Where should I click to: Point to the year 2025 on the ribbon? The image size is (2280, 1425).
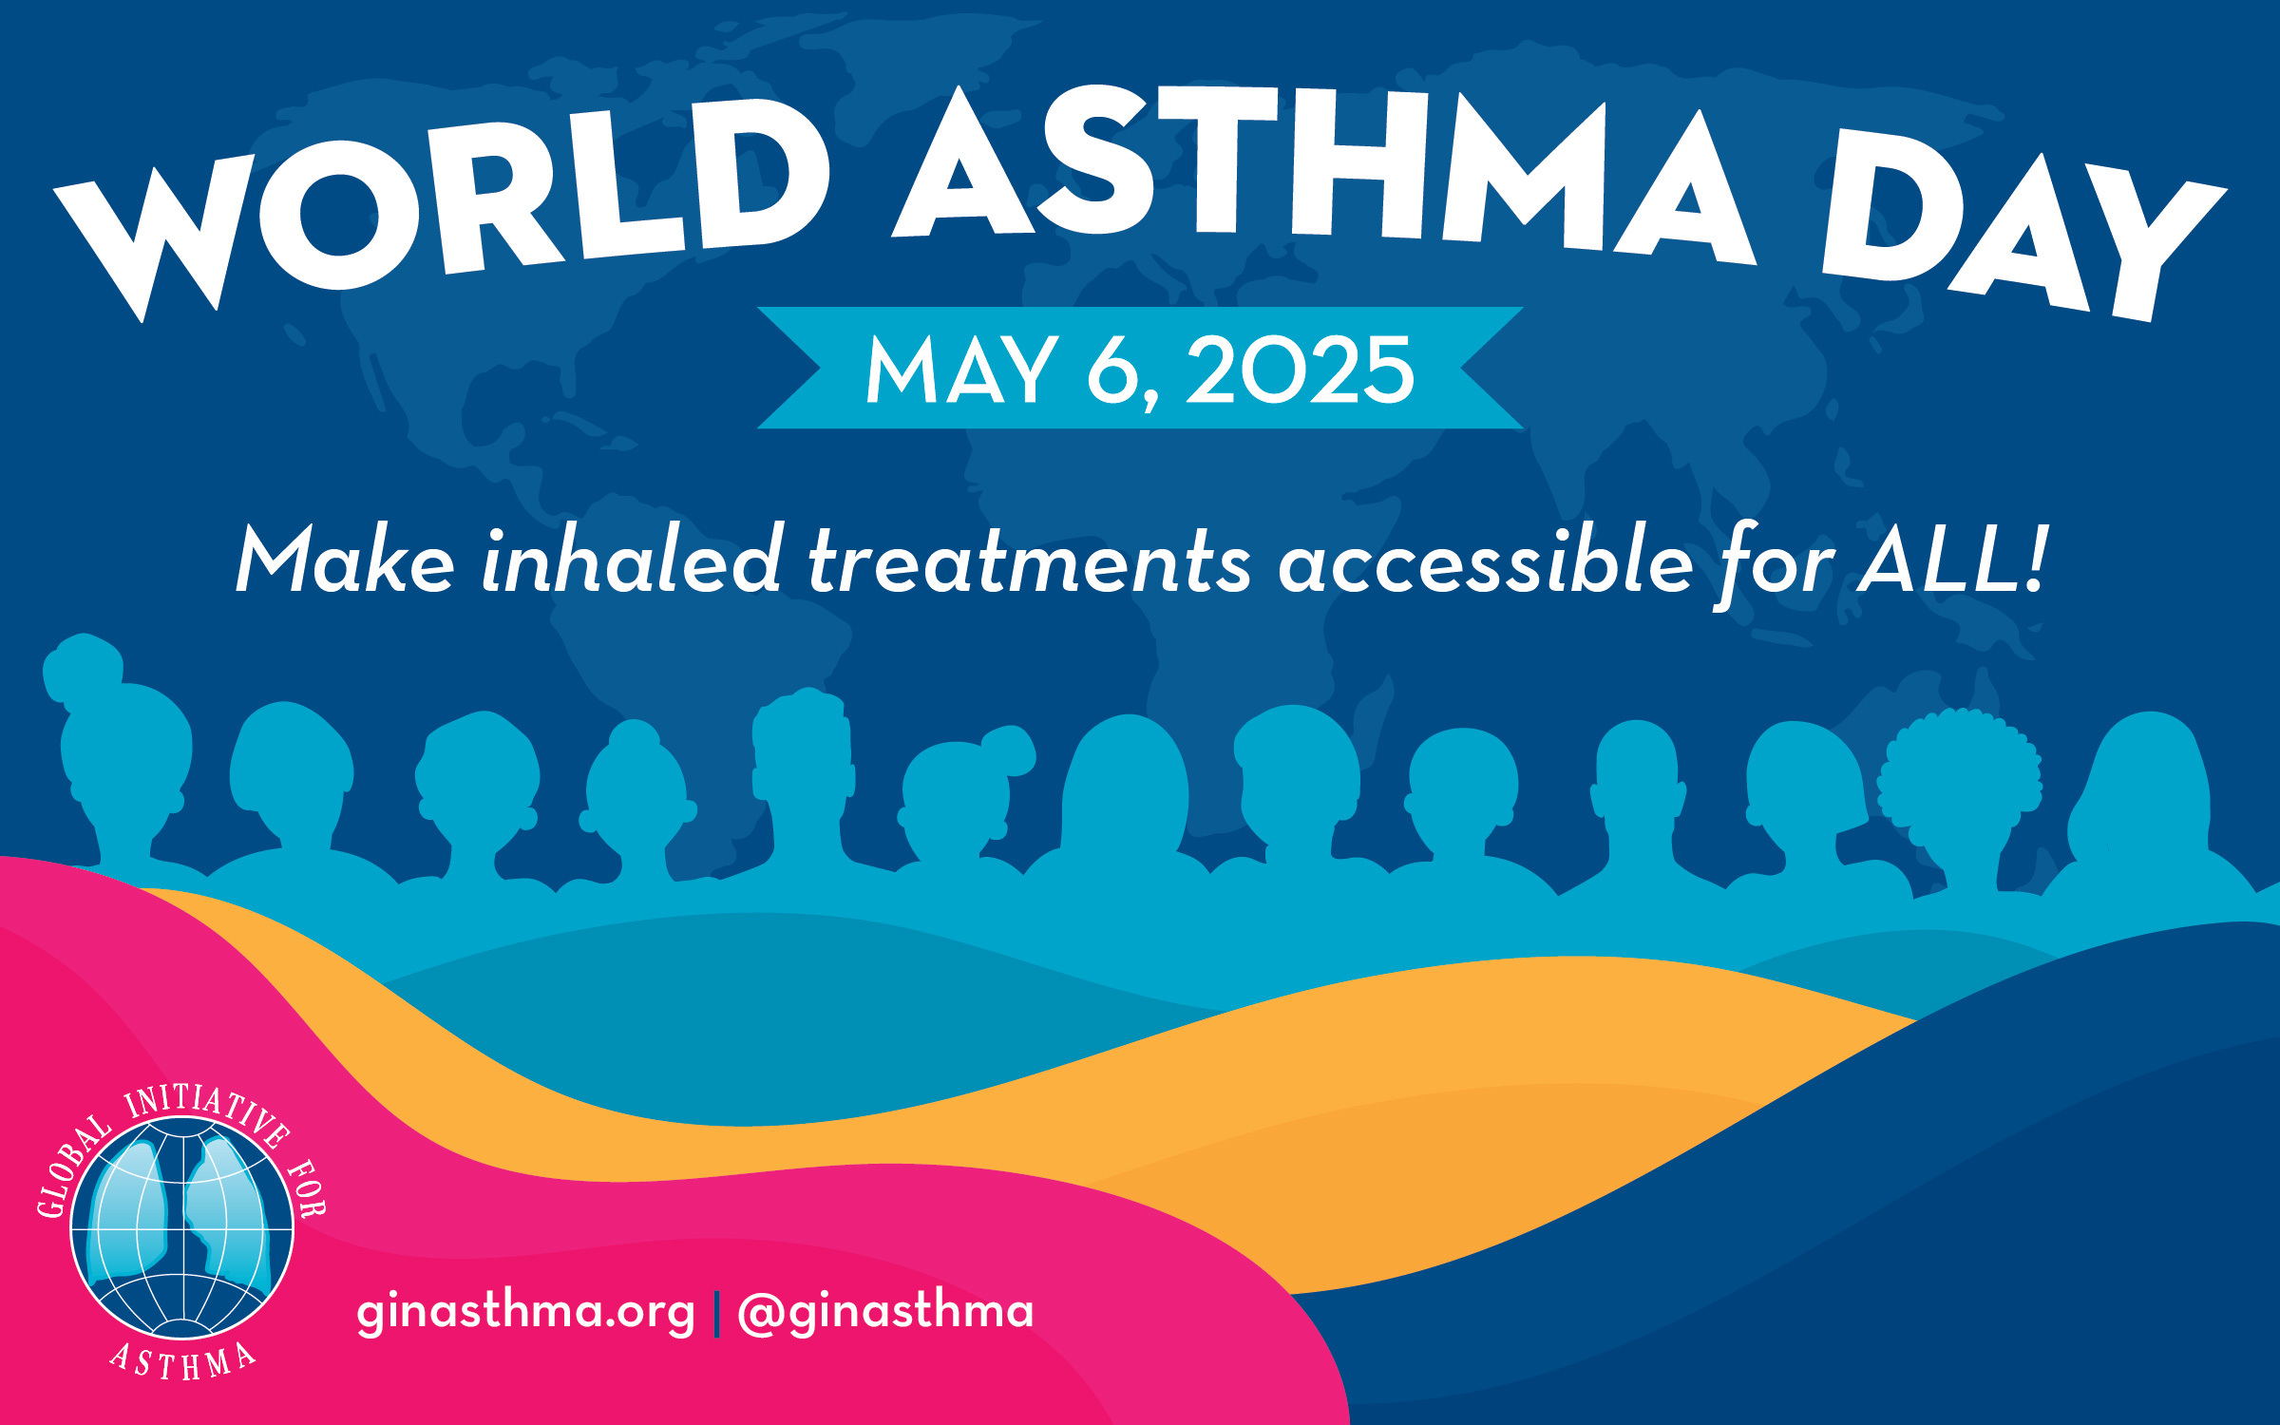coord(1301,370)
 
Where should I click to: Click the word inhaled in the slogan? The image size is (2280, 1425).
coord(632,560)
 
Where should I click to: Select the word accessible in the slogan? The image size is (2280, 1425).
coord(1486,560)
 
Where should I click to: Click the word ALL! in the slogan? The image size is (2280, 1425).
coord(1952,560)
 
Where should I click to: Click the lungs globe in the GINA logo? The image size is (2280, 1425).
coord(182,1227)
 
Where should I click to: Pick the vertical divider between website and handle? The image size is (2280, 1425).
coord(716,1313)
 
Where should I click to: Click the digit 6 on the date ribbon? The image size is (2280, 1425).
coord(1113,370)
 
